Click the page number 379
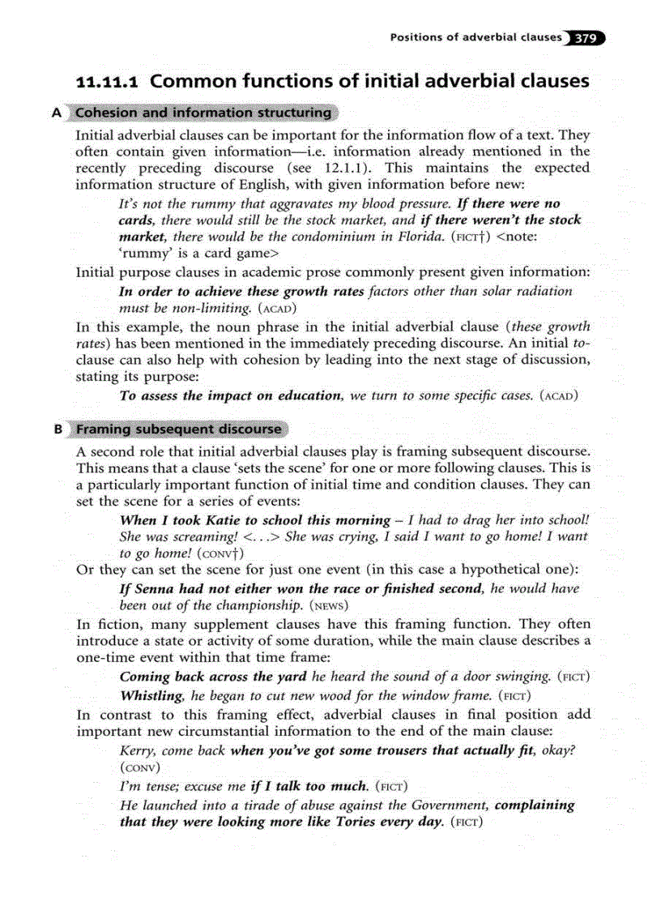[x=587, y=37]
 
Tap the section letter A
[x=57, y=113]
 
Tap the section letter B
[x=58, y=429]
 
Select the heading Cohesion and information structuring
[x=203, y=113]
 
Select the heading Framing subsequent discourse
[x=179, y=429]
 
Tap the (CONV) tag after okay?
[x=139, y=767]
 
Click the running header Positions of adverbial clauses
[x=475, y=37]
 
